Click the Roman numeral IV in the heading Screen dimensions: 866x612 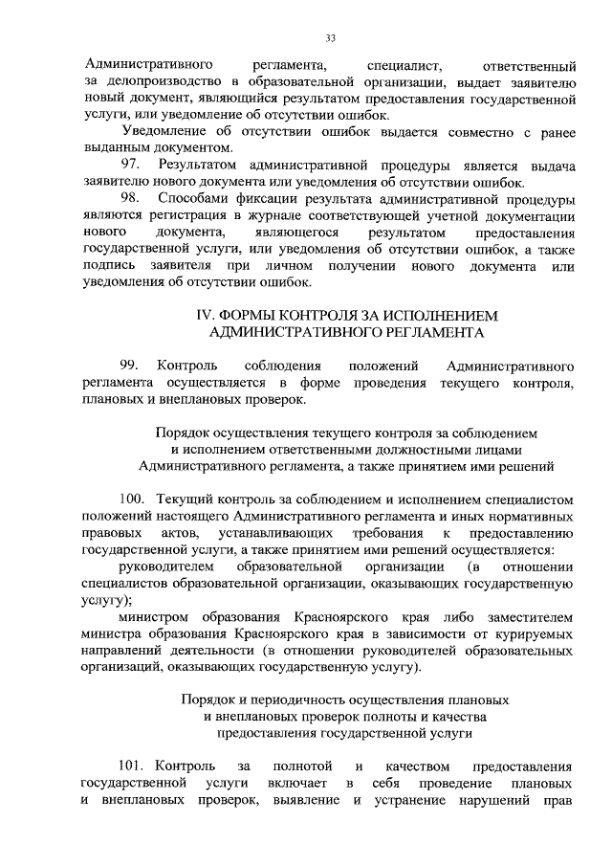tap(203, 314)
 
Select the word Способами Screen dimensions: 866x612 tap(197, 199)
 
